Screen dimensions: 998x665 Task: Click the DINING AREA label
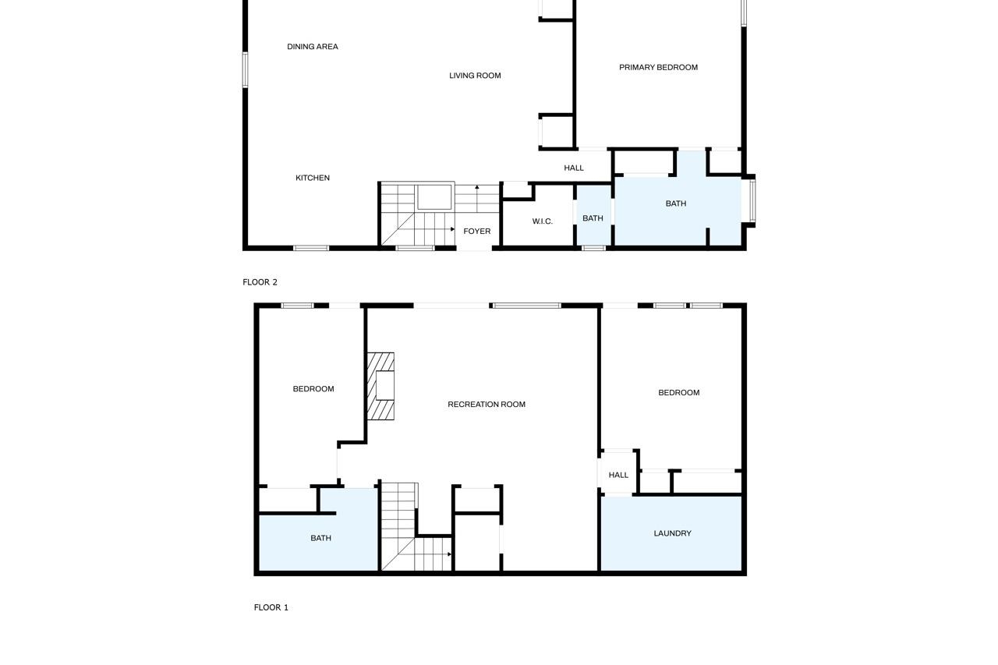pyautogui.click(x=313, y=47)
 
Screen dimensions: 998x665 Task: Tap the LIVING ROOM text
pyautogui.click(x=475, y=76)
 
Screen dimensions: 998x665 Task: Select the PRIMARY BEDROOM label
pyautogui.click(x=658, y=67)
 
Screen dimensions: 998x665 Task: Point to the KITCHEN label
pyautogui.click(x=313, y=178)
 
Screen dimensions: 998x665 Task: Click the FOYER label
pyautogui.click(x=476, y=232)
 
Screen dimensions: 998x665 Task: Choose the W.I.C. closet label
pyautogui.click(x=542, y=221)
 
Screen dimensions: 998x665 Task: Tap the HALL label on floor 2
pyautogui.click(x=573, y=168)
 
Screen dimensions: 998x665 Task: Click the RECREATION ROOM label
pyautogui.click(x=487, y=405)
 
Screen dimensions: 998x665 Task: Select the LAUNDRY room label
pyautogui.click(x=672, y=533)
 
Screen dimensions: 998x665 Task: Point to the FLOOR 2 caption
pyautogui.click(x=260, y=282)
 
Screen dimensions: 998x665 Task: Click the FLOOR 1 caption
pyautogui.click(x=271, y=607)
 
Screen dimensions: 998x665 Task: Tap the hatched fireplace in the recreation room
pyautogui.click(x=380, y=386)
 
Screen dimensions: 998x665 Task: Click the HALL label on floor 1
pyautogui.click(x=618, y=475)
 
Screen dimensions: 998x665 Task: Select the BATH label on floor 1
pyautogui.click(x=320, y=538)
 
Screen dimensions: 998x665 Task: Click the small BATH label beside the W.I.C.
pyautogui.click(x=593, y=218)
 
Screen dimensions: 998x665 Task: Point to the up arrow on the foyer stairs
pyautogui.click(x=476, y=199)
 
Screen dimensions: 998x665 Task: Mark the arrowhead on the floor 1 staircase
pyautogui.click(x=450, y=554)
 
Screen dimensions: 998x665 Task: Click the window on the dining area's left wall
pyautogui.click(x=245, y=70)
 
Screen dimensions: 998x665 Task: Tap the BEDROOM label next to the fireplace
pyautogui.click(x=313, y=389)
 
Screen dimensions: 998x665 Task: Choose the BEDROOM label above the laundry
pyautogui.click(x=678, y=392)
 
